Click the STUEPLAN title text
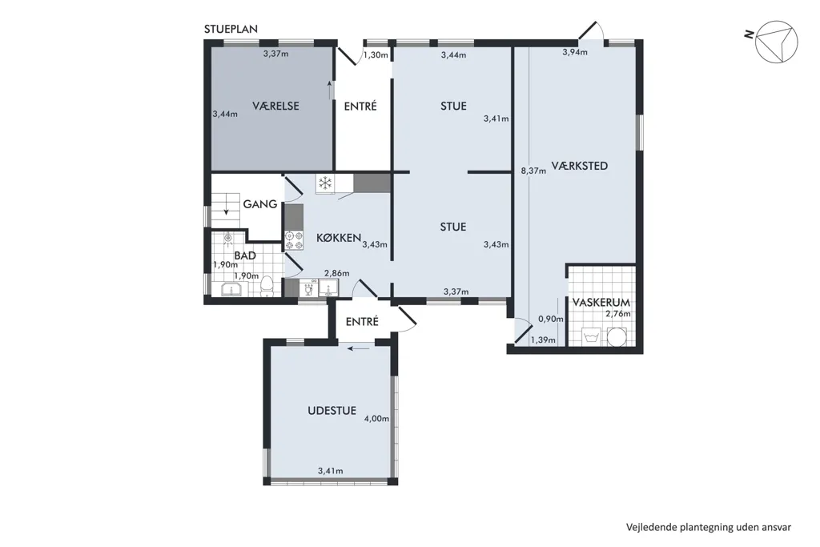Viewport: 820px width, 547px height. [x=231, y=30]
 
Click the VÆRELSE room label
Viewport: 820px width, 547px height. [x=275, y=107]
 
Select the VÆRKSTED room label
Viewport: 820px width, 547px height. [x=580, y=167]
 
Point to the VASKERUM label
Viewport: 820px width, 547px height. [x=601, y=303]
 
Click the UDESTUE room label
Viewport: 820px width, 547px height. [x=332, y=411]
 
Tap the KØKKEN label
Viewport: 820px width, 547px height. [x=339, y=238]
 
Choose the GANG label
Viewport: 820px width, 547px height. [x=260, y=204]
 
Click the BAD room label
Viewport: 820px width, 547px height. [x=245, y=255]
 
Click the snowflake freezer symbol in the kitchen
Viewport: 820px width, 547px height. [x=326, y=183]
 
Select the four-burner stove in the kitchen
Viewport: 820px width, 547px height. [x=294, y=239]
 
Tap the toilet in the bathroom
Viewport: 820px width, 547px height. [x=267, y=287]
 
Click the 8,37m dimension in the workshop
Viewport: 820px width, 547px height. [x=533, y=171]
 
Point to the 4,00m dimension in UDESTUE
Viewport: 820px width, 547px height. [x=376, y=419]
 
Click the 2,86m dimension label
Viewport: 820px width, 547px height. [x=337, y=274]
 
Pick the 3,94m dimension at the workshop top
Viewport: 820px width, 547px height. [x=575, y=52]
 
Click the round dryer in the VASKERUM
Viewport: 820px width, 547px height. [x=617, y=337]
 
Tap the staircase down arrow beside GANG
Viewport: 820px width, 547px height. [x=227, y=206]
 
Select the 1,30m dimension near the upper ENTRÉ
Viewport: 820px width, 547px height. [x=376, y=55]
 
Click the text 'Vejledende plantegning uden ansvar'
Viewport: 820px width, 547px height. [x=709, y=527]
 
